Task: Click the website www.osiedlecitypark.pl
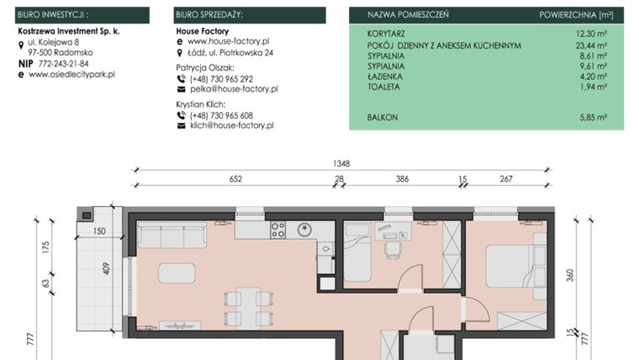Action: pos(71,74)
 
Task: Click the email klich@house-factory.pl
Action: pos(232,125)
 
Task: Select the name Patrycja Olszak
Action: pos(206,66)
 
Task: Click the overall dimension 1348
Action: pos(340,164)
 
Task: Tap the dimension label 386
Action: pos(402,178)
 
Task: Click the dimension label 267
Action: pos(505,178)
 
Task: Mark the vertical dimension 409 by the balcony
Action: pos(106,271)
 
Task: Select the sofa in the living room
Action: pos(173,238)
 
